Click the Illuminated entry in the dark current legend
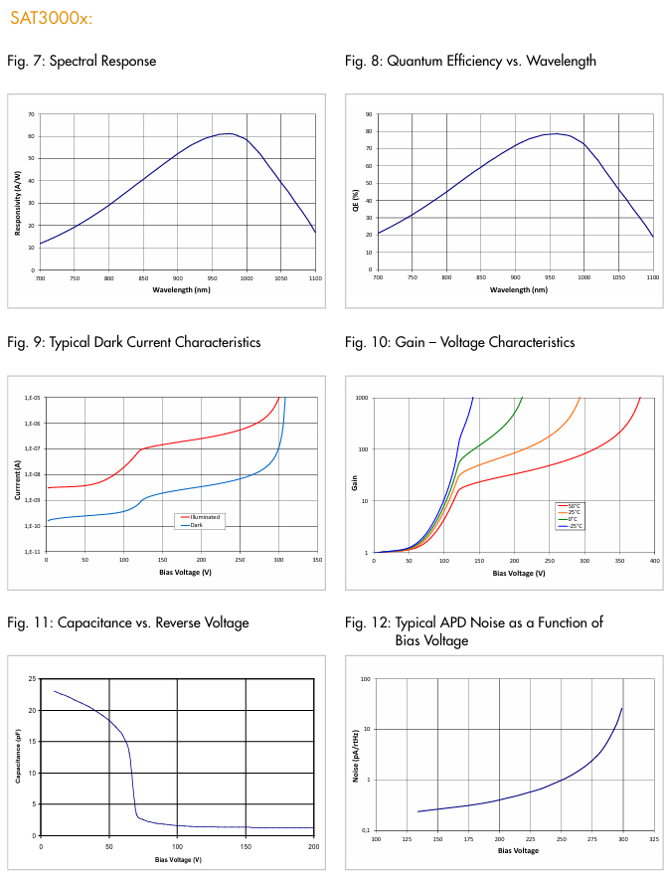pyautogui.click(x=203, y=517)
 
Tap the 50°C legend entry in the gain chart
pyautogui.click(x=574, y=506)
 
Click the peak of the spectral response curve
pyautogui.click(x=228, y=133)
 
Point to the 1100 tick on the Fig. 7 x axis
pyautogui.click(x=315, y=279)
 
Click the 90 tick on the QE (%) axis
pyautogui.click(x=368, y=114)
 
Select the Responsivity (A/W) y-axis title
pyautogui.click(x=18, y=192)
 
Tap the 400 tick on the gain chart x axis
pyautogui.click(x=654, y=562)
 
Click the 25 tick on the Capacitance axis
pyautogui.click(x=32, y=679)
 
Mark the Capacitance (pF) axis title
pyautogui.click(x=18, y=757)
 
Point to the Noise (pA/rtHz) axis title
pyautogui.click(x=355, y=755)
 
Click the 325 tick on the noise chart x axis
pyautogui.click(x=653, y=840)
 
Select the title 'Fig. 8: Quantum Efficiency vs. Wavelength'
pyautogui.click(x=470, y=61)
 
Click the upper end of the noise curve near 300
pyautogui.click(x=622, y=708)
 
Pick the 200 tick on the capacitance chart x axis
pyautogui.click(x=313, y=846)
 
